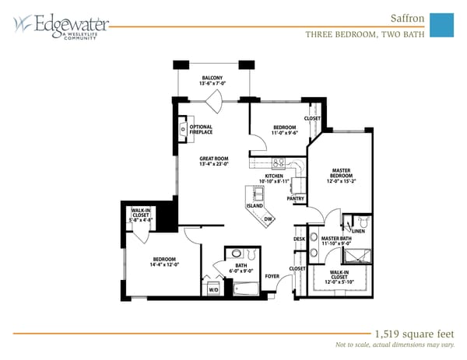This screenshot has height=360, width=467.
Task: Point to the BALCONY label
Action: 213,79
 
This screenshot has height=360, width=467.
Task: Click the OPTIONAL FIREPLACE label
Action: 201,130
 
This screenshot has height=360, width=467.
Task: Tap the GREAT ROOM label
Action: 212,158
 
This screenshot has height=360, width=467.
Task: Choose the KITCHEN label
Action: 274,177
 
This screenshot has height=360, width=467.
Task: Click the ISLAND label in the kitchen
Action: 255,205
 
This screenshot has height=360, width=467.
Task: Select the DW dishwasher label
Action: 267,219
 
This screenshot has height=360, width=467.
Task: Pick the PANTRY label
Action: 296,199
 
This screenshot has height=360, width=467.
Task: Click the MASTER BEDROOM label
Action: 342,173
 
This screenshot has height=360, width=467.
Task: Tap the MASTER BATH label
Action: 336,239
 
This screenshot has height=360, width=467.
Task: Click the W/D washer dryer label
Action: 213,289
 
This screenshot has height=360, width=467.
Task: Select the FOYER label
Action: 272,276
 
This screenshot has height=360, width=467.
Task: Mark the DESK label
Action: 299,239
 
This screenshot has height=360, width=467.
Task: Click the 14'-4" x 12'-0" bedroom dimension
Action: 165,265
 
